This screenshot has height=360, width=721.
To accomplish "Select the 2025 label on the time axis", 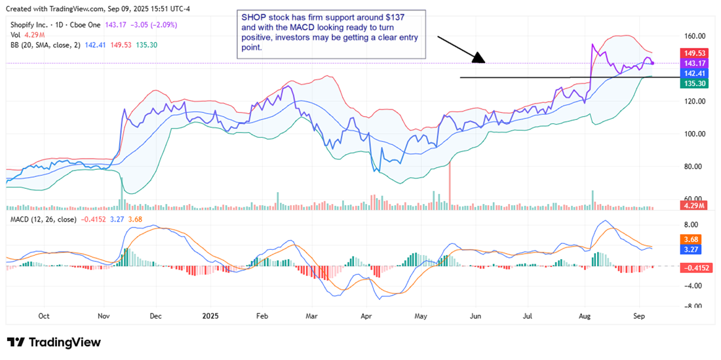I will (x=210, y=315).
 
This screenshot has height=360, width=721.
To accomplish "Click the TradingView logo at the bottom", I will (x=54, y=342).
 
